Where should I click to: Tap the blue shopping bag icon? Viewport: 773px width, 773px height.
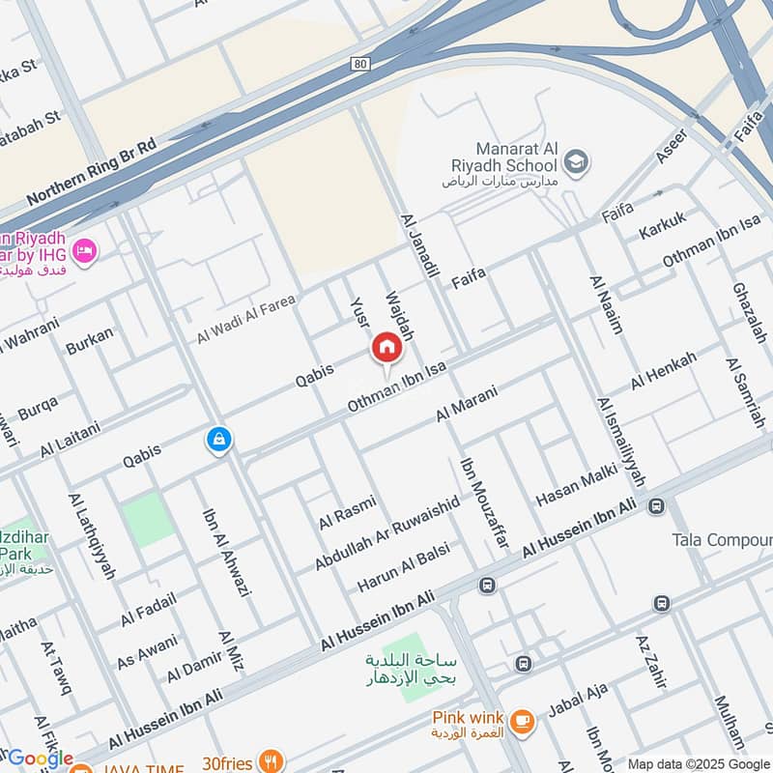[219, 440]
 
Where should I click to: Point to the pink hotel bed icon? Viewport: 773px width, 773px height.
[84, 251]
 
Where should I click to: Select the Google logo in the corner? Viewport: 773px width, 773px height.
[39, 759]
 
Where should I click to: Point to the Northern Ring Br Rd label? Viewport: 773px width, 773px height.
[91, 172]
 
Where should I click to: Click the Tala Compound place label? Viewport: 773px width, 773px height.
[722, 539]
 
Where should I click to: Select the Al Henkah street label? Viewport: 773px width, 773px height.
[663, 371]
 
